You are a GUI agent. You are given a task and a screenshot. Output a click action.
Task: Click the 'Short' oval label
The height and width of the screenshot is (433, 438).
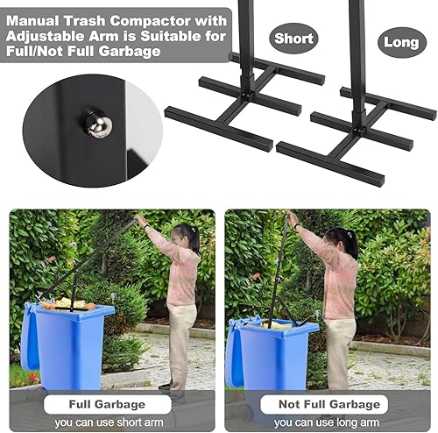pos(293,39)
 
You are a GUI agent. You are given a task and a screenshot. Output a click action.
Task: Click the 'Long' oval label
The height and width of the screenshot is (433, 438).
pos(402,42)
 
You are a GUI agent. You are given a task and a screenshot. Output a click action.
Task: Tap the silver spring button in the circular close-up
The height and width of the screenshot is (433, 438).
pos(99,124)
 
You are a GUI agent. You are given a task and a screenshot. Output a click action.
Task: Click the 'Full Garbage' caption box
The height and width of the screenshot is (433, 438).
pos(107,404)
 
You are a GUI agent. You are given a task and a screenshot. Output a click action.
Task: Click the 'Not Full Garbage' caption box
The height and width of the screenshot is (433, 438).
pos(324,404)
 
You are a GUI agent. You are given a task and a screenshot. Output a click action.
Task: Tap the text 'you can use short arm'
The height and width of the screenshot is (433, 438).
pos(109,422)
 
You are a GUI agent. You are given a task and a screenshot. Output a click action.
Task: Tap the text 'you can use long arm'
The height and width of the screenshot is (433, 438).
pos(327,422)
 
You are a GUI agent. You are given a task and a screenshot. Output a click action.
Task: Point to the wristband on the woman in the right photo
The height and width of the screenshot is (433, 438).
pos(297,226)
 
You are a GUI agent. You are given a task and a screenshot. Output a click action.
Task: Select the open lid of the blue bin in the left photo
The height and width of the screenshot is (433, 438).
pos(30,336)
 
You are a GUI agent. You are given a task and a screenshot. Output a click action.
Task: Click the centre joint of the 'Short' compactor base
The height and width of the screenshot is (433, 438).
pos(247,95)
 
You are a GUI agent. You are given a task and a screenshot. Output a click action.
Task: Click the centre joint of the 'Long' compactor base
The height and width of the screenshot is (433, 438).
pos(359,129)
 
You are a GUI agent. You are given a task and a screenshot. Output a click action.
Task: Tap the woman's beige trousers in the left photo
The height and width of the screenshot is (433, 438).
pos(180,344)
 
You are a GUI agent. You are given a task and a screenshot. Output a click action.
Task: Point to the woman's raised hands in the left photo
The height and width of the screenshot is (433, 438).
pos(139,220)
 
